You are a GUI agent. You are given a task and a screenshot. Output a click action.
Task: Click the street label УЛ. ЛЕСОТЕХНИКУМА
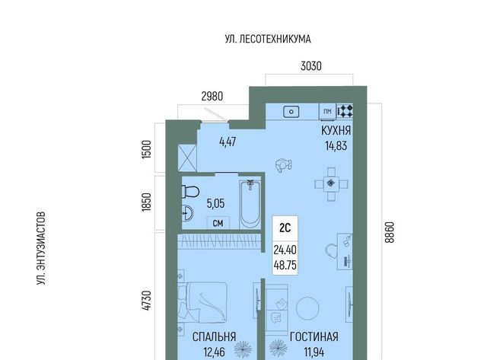pyautogui.click(x=268, y=39)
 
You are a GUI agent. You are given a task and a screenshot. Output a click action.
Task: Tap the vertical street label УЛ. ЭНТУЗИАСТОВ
pyautogui.click(x=41, y=248)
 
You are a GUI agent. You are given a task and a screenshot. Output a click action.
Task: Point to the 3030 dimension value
pyautogui.click(x=311, y=66)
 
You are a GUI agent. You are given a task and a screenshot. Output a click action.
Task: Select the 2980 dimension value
pyautogui.click(x=212, y=97)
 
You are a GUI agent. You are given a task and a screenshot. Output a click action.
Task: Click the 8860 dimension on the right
pyautogui.click(x=389, y=232)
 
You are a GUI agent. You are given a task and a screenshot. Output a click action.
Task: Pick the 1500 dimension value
pyautogui.click(x=146, y=149)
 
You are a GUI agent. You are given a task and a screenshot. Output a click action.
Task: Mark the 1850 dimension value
pyautogui.click(x=146, y=202)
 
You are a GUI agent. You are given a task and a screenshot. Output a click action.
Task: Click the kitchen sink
pyautogui.click(x=291, y=112)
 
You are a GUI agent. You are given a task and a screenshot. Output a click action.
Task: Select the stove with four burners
pyautogui.click(x=345, y=111)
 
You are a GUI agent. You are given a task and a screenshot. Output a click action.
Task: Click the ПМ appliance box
pyautogui.click(x=327, y=112)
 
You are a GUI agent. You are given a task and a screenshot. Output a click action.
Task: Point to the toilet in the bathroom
pyautogui.click(x=190, y=192)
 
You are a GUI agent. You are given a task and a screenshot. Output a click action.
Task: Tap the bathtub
pyautogui.click(x=250, y=205)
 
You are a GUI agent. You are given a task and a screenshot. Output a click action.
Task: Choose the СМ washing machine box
pyautogui.click(x=218, y=223)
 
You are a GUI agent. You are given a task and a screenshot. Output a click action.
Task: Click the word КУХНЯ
pyautogui.click(x=336, y=131)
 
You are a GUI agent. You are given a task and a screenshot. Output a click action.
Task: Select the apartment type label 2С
pyautogui.click(x=285, y=228)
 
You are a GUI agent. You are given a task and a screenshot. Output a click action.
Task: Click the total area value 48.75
pyautogui.click(x=285, y=266)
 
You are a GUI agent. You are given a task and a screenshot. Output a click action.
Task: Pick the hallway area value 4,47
pyautogui.click(x=228, y=142)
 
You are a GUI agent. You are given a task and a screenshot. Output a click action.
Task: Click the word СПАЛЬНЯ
pyautogui.click(x=215, y=336)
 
